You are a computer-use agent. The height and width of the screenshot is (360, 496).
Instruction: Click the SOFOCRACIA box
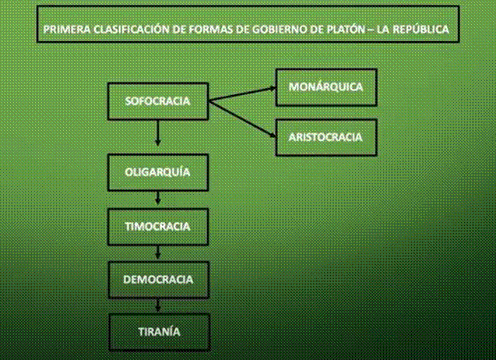coord(158,101)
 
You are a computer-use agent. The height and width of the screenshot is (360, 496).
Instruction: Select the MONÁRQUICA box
coord(326,87)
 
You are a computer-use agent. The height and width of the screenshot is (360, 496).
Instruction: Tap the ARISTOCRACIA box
coord(326,137)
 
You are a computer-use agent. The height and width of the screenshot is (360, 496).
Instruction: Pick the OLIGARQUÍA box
coord(158,172)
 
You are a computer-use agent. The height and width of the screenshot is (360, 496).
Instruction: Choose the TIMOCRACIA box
coord(158,227)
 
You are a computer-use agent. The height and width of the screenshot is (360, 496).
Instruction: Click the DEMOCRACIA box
coord(159,280)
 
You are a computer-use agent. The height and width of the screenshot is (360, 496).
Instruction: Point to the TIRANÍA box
coord(159,332)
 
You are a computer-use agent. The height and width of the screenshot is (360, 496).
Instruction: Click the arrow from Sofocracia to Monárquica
coord(242,94)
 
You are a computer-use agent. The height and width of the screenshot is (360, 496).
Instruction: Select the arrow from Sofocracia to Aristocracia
coord(242,118)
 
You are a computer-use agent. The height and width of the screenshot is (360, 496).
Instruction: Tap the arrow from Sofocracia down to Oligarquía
coord(158,133)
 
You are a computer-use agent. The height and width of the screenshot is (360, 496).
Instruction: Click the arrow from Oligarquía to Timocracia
coord(158,198)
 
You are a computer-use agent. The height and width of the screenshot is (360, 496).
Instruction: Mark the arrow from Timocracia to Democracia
coord(158,252)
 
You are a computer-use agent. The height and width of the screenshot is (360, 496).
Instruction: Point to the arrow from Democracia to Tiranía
coord(158,305)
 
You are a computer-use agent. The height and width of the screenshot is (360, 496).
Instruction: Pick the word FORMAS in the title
coord(209,30)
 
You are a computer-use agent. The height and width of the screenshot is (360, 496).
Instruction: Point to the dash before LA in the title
coord(371,30)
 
